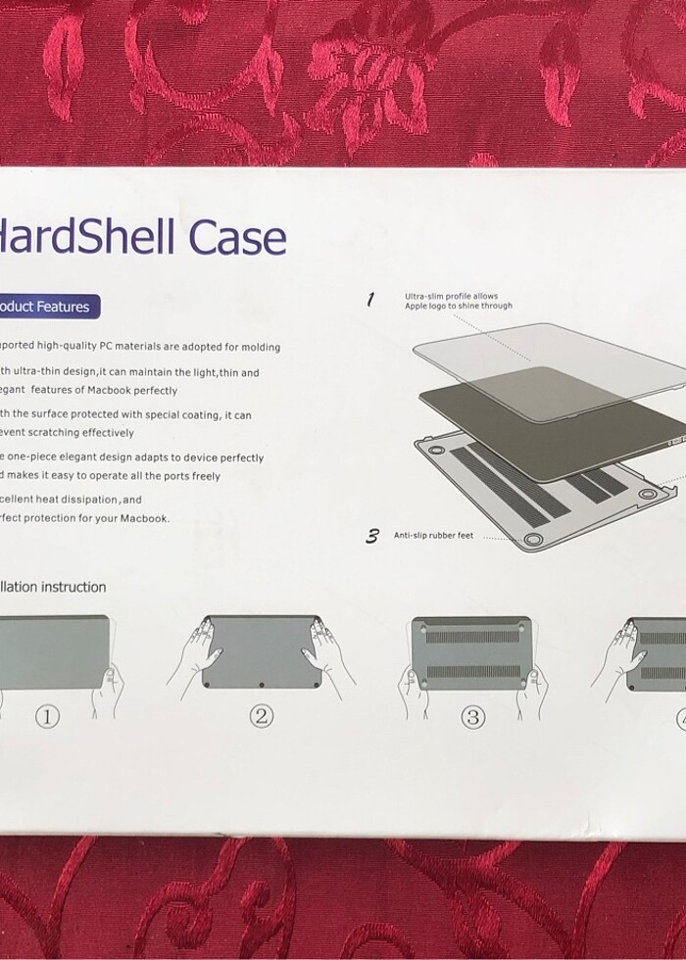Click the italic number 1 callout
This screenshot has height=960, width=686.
pos(370,300)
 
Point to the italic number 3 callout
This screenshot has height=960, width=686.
pos(372,535)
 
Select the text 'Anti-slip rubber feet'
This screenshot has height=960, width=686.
pos(433,536)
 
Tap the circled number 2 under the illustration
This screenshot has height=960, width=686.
pos(261,716)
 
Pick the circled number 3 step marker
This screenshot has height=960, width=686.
pos(473,717)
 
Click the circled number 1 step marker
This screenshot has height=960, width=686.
pos(48,717)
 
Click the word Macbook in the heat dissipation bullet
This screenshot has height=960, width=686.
pos(144,518)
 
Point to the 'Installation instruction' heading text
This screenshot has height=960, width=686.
pos(53,587)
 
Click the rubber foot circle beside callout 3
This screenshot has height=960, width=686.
pos(533,540)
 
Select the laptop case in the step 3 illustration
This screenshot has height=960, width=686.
pos(473,651)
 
